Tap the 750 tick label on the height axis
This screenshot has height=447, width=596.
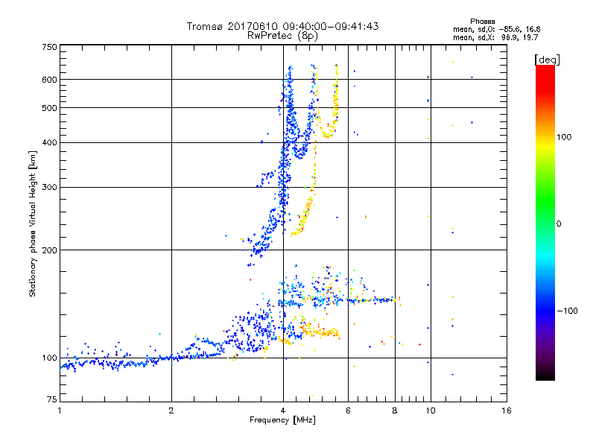49,47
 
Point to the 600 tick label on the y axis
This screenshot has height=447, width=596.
49,80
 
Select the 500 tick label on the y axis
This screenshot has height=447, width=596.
49,108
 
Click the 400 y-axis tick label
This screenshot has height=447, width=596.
49,142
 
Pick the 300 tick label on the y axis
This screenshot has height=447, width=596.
49,187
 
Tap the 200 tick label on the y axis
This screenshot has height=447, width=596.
49,250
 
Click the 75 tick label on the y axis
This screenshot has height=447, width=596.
51,402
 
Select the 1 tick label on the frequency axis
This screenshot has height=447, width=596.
60,410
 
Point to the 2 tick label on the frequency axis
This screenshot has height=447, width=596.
171,410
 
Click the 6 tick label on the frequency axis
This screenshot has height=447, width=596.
349,410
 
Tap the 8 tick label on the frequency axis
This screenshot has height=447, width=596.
395,410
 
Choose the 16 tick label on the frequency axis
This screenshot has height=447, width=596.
506,410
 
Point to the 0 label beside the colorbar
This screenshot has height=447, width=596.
560,223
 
